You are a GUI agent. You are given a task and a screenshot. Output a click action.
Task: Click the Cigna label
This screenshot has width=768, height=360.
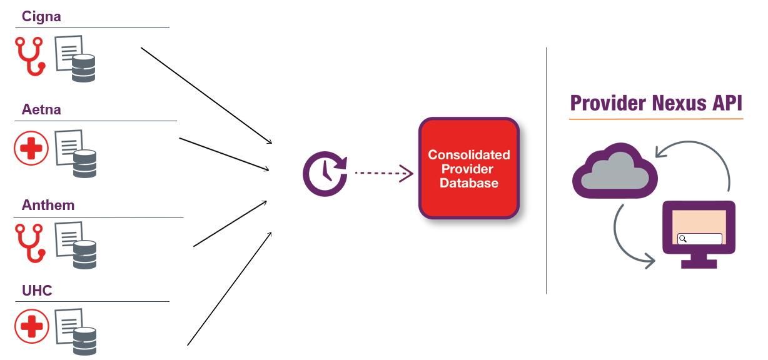click(x=41, y=16)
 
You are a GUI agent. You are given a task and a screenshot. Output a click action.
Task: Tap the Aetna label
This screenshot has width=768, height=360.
click(x=41, y=110)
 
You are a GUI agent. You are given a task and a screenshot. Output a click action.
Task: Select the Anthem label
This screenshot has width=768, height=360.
click(x=48, y=205)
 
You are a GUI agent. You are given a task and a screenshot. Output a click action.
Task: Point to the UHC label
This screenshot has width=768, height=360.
click(x=37, y=291)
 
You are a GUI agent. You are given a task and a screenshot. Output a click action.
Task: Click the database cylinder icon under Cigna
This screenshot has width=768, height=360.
click(x=83, y=68)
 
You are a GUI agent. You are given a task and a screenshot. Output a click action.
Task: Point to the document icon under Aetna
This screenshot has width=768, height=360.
click(x=68, y=145)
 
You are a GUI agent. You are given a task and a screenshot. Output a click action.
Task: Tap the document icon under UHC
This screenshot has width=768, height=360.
click(x=68, y=324)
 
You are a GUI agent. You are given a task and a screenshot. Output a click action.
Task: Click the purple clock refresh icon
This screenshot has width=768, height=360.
click(x=325, y=172)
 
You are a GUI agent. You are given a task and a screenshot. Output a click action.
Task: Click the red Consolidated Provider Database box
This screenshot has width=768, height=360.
click(x=469, y=168)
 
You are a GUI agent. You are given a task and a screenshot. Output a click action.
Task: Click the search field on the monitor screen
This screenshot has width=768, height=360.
click(x=700, y=239)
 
